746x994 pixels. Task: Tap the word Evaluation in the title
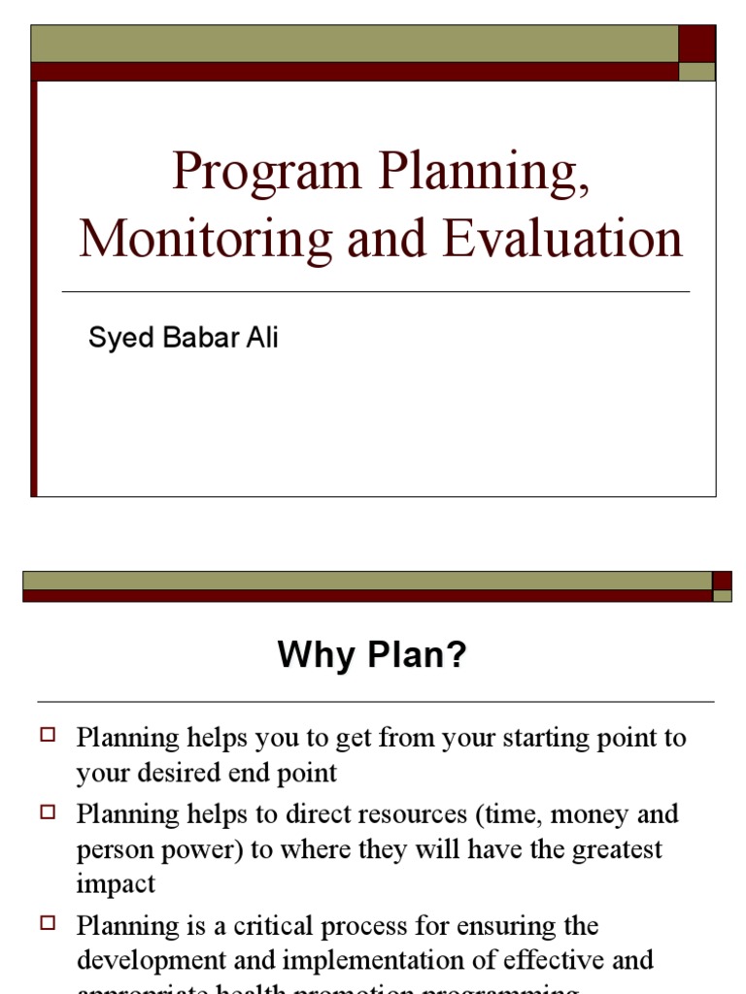click(x=562, y=240)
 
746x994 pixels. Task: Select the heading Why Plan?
click(x=372, y=655)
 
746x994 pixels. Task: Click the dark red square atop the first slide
click(x=696, y=44)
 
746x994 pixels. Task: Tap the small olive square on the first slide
click(x=696, y=72)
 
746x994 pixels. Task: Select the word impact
click(x=116, y=885)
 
